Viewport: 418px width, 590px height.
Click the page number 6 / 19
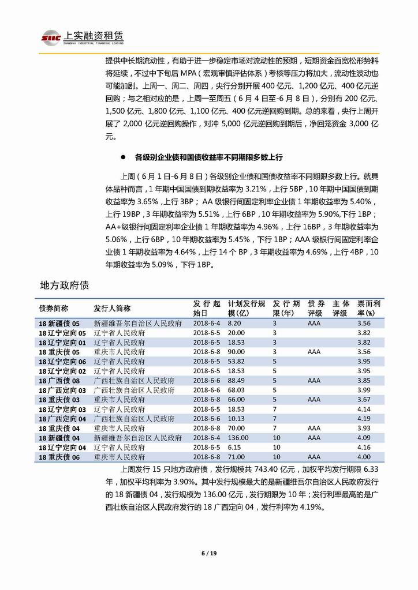(x=208, y=554)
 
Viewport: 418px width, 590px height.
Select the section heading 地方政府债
(x=64, y=285)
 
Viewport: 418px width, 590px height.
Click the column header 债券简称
(x=53, y=308)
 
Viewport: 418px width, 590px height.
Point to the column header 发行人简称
(x=112, y=308)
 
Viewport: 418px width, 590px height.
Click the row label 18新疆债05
(x=59, y=324)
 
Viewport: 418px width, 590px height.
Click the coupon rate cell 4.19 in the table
(x=363, y=419)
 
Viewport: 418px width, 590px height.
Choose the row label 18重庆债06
(x=59, y=457)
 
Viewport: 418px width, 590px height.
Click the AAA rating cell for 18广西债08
(x=314, y=381)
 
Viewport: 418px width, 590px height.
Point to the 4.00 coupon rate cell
(x=363, y=457)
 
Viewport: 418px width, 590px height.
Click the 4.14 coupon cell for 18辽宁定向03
(x=363, y=409)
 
